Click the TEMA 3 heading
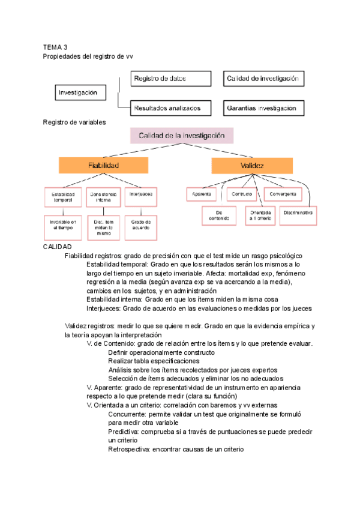coord(56,47)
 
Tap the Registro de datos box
coord(171,79)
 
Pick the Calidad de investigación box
coord(263,79)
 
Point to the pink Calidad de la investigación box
coord(182,136)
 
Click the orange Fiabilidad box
coord(103,165)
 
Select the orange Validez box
coord(252,165)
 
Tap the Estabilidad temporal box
coord(62,197)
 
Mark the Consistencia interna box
coord(103,197)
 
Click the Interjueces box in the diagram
coord(140,194)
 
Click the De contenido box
coord(220,215)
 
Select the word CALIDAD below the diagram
coord(58,247)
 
